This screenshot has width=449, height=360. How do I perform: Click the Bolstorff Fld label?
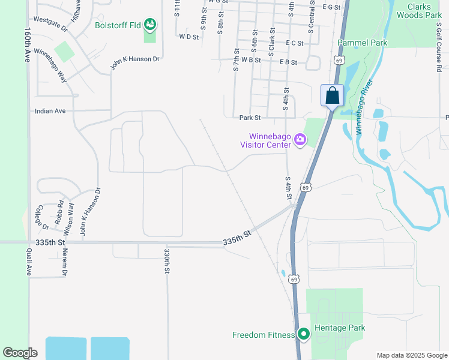coord(118,26)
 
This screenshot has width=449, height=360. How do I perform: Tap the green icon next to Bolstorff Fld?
coord(149,25)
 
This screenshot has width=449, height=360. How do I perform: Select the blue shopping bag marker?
coord(332,95)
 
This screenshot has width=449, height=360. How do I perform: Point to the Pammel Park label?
coord(362,43)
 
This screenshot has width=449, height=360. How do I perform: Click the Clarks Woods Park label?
coord(416,10)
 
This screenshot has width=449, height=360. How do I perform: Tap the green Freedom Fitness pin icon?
coord(304,334)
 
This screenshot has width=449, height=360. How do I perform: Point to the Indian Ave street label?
coord(50,111)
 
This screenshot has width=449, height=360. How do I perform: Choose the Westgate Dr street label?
coord(50,21)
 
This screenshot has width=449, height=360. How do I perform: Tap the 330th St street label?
coord(167,259)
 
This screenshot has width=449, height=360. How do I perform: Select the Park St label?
coord(250,118)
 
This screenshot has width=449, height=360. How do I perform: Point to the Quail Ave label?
coord(28,262)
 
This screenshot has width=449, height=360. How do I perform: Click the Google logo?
coord(20,353)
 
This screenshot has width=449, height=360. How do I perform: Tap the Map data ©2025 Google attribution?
coord(411,355)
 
